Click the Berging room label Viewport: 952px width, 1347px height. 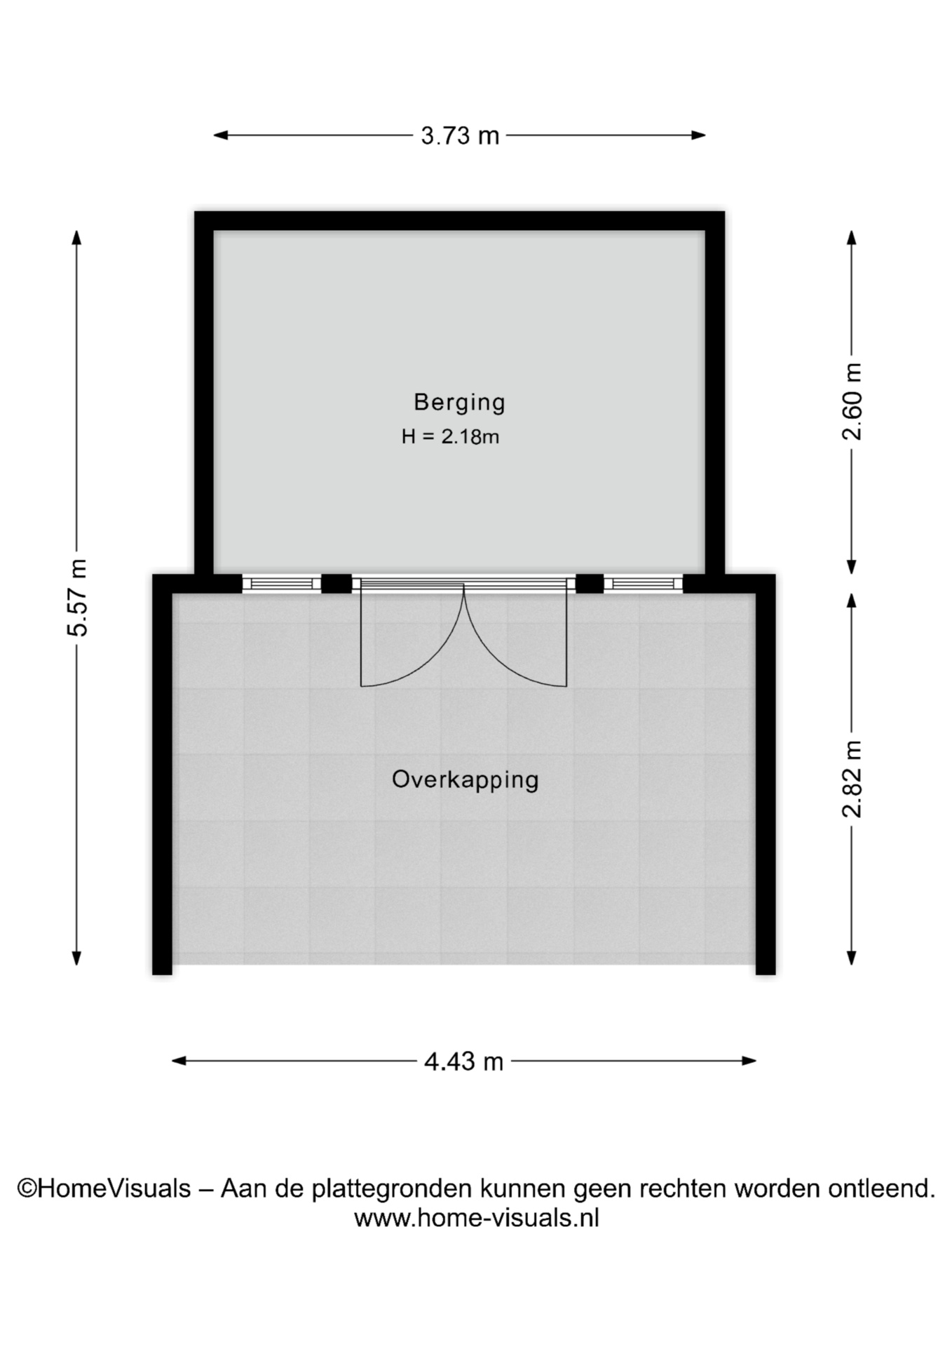[459, 403]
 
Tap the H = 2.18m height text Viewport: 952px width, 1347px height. [450, 436]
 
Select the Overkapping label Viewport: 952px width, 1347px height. [465, 780]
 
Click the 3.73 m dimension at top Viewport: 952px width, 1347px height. [460, 135]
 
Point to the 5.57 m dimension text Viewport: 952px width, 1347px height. [78, 598]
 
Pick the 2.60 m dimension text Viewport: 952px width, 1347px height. [852, 401]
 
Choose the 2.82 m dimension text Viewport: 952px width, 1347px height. [852, 779]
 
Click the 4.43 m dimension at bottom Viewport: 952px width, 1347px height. [463, 1061]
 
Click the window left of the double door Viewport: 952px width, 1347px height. [282, 584]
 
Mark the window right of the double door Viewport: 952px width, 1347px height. [643, 584]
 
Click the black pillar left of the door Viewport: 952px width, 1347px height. [336, 584]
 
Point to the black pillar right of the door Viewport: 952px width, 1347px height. [590, 584]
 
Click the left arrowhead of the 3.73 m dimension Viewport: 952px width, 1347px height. [220, 135]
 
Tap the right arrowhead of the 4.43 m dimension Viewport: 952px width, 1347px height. [749, 1061]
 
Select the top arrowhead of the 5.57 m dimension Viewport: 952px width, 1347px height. [77, 238]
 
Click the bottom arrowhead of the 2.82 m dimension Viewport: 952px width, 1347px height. [852, 958]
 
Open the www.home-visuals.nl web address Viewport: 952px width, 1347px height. [477, 1218]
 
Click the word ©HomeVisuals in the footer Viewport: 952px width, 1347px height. [104, 1188]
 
